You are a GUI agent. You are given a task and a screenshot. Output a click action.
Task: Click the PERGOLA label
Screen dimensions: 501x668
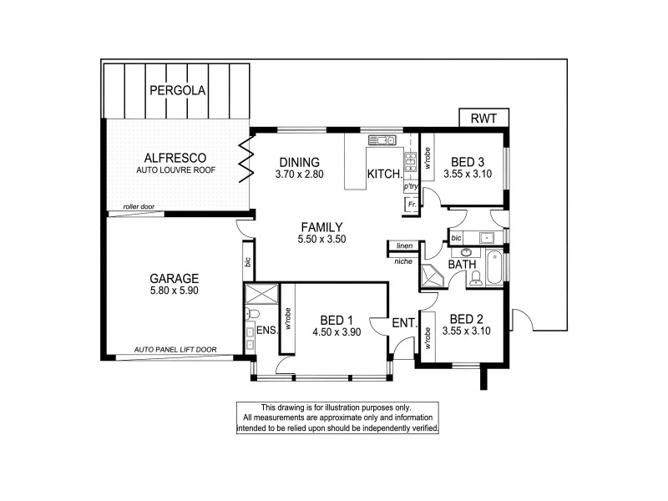(176, 90)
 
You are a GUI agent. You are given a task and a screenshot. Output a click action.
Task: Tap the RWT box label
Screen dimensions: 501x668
(483, 119)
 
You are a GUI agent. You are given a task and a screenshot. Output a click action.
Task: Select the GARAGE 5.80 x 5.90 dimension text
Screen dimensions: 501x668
(174, 291)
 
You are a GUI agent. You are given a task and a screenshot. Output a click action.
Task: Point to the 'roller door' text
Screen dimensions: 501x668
(140, 206)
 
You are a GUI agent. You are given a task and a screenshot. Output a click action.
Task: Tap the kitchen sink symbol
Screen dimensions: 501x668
(384, 139)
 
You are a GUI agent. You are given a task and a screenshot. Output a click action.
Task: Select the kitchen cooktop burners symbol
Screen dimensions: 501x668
(411, 160)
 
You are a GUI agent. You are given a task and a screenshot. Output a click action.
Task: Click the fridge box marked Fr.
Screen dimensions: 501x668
(411, 205)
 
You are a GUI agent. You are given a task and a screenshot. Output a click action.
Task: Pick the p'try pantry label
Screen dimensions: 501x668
(411, 186)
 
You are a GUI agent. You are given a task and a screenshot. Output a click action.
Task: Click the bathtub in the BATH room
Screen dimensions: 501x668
(494, 267)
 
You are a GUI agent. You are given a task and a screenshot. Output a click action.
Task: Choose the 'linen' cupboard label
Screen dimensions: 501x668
(405, 245)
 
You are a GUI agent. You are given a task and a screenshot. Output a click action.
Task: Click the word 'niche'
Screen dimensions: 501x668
(402, 261)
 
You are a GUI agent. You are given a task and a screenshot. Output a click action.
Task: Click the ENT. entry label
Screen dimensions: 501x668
(405, 323)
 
